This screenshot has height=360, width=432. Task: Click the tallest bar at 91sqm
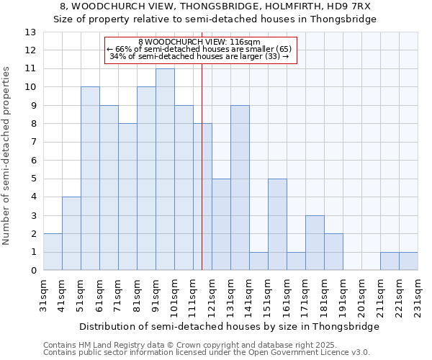[x=165, y=169]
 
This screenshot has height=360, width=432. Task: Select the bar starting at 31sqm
[x=53, y=252]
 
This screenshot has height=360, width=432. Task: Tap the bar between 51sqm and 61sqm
[x=90, y=179]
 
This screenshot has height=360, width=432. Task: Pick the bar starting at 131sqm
[x=240, y=188]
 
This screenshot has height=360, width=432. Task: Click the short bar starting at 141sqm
[x=258, y=261]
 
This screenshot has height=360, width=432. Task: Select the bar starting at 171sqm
[x=315, y=243]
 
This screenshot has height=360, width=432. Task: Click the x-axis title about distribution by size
[x=229, y=326]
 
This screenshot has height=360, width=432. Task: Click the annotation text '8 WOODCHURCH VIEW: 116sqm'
[x=199, y=42]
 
